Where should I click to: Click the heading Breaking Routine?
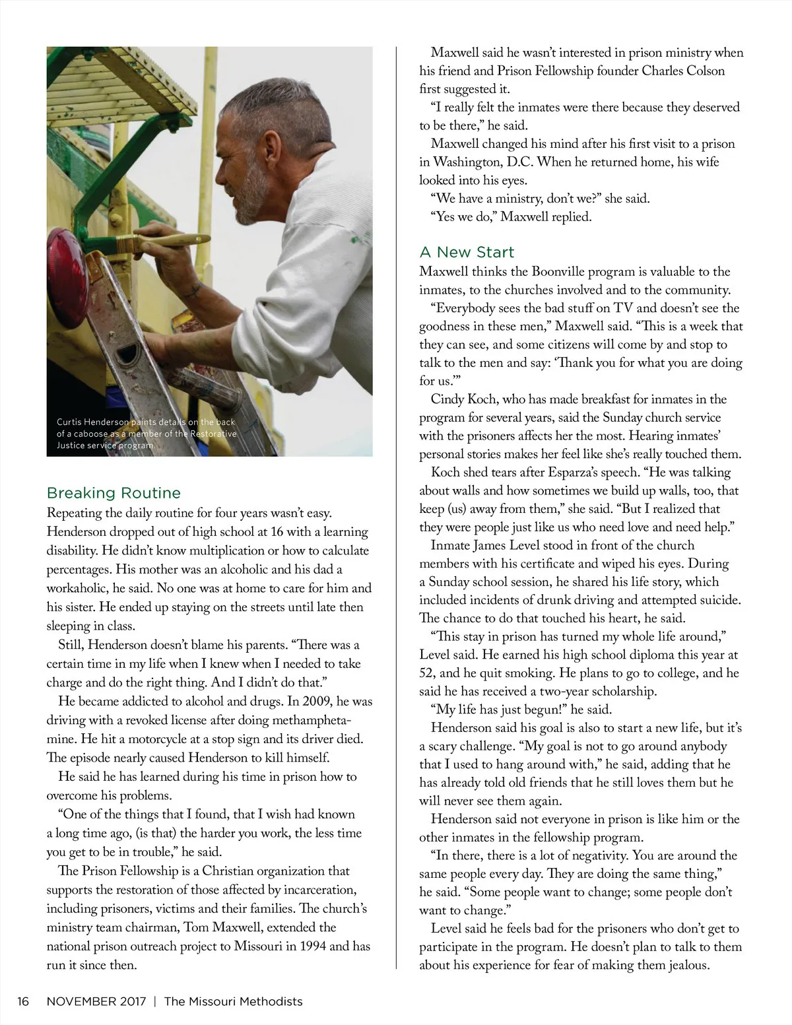(114, 493)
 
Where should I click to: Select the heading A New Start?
(467, 252)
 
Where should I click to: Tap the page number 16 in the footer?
(24, 1001)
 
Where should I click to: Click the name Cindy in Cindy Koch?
(447, 399)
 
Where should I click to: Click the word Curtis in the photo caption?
(69, 422)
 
